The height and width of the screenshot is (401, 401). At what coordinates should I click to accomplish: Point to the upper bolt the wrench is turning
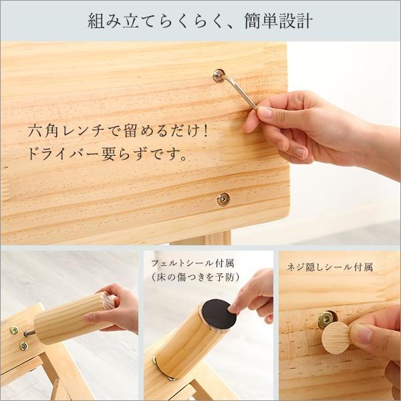(x=219, y=76)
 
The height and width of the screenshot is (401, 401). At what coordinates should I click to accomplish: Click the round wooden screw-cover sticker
(x=336, y=338)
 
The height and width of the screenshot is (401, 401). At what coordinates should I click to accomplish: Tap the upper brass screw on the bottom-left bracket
(x=14, y=330)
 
